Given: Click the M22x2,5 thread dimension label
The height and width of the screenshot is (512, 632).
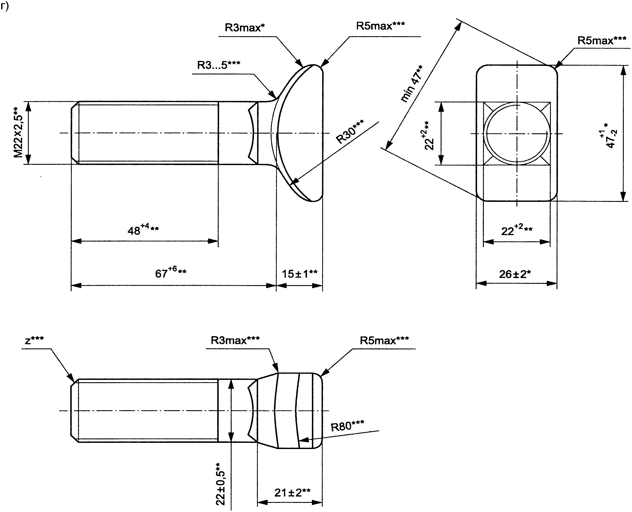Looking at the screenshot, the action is tap(18, 132).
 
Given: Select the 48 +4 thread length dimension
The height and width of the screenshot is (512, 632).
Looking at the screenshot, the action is tap(143, 229).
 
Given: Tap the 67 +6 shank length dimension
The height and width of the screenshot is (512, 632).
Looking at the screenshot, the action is tap(171, 272).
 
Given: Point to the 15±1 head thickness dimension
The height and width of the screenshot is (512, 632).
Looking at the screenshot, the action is tap(300, 274).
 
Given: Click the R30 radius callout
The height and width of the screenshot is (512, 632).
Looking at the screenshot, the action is tap(350, 132).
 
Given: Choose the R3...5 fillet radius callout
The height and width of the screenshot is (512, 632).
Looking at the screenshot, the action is tap(219, 65).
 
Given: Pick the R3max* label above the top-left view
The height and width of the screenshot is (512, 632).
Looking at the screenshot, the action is tap(245, 28).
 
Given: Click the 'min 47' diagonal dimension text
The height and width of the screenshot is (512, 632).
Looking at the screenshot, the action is tap(412, 84).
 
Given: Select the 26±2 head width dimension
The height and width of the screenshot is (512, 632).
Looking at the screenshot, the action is tap(515, 274).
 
